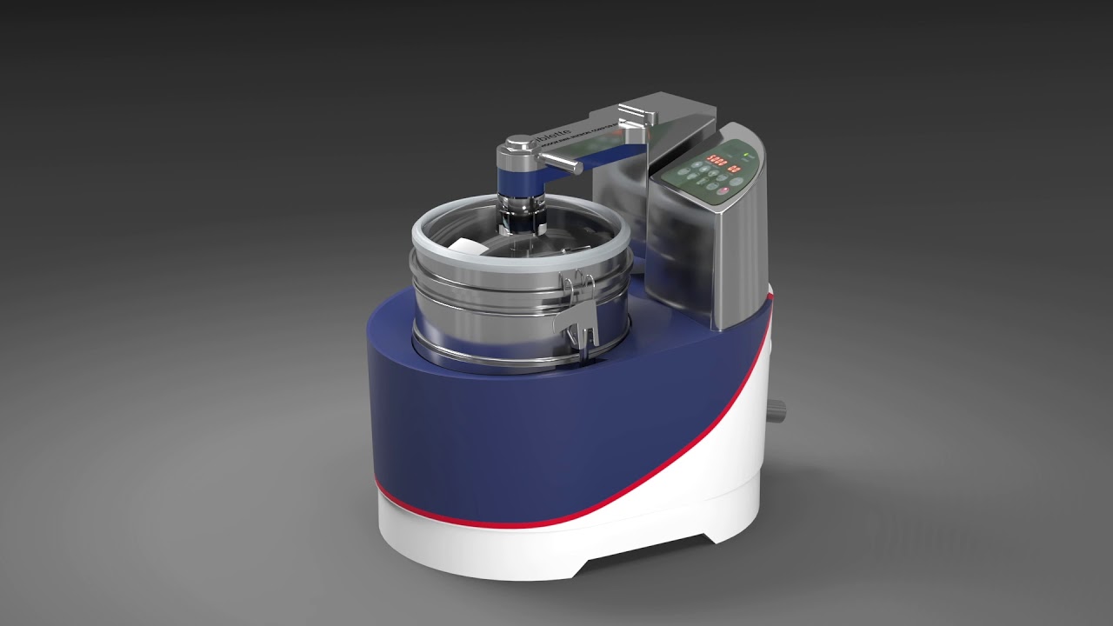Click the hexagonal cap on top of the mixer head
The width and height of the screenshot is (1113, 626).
click(x=519, y=141)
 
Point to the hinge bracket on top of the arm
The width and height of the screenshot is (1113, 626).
click(x=635, y=116)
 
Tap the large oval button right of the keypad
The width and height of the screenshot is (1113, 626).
click(x=736, y=183)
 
